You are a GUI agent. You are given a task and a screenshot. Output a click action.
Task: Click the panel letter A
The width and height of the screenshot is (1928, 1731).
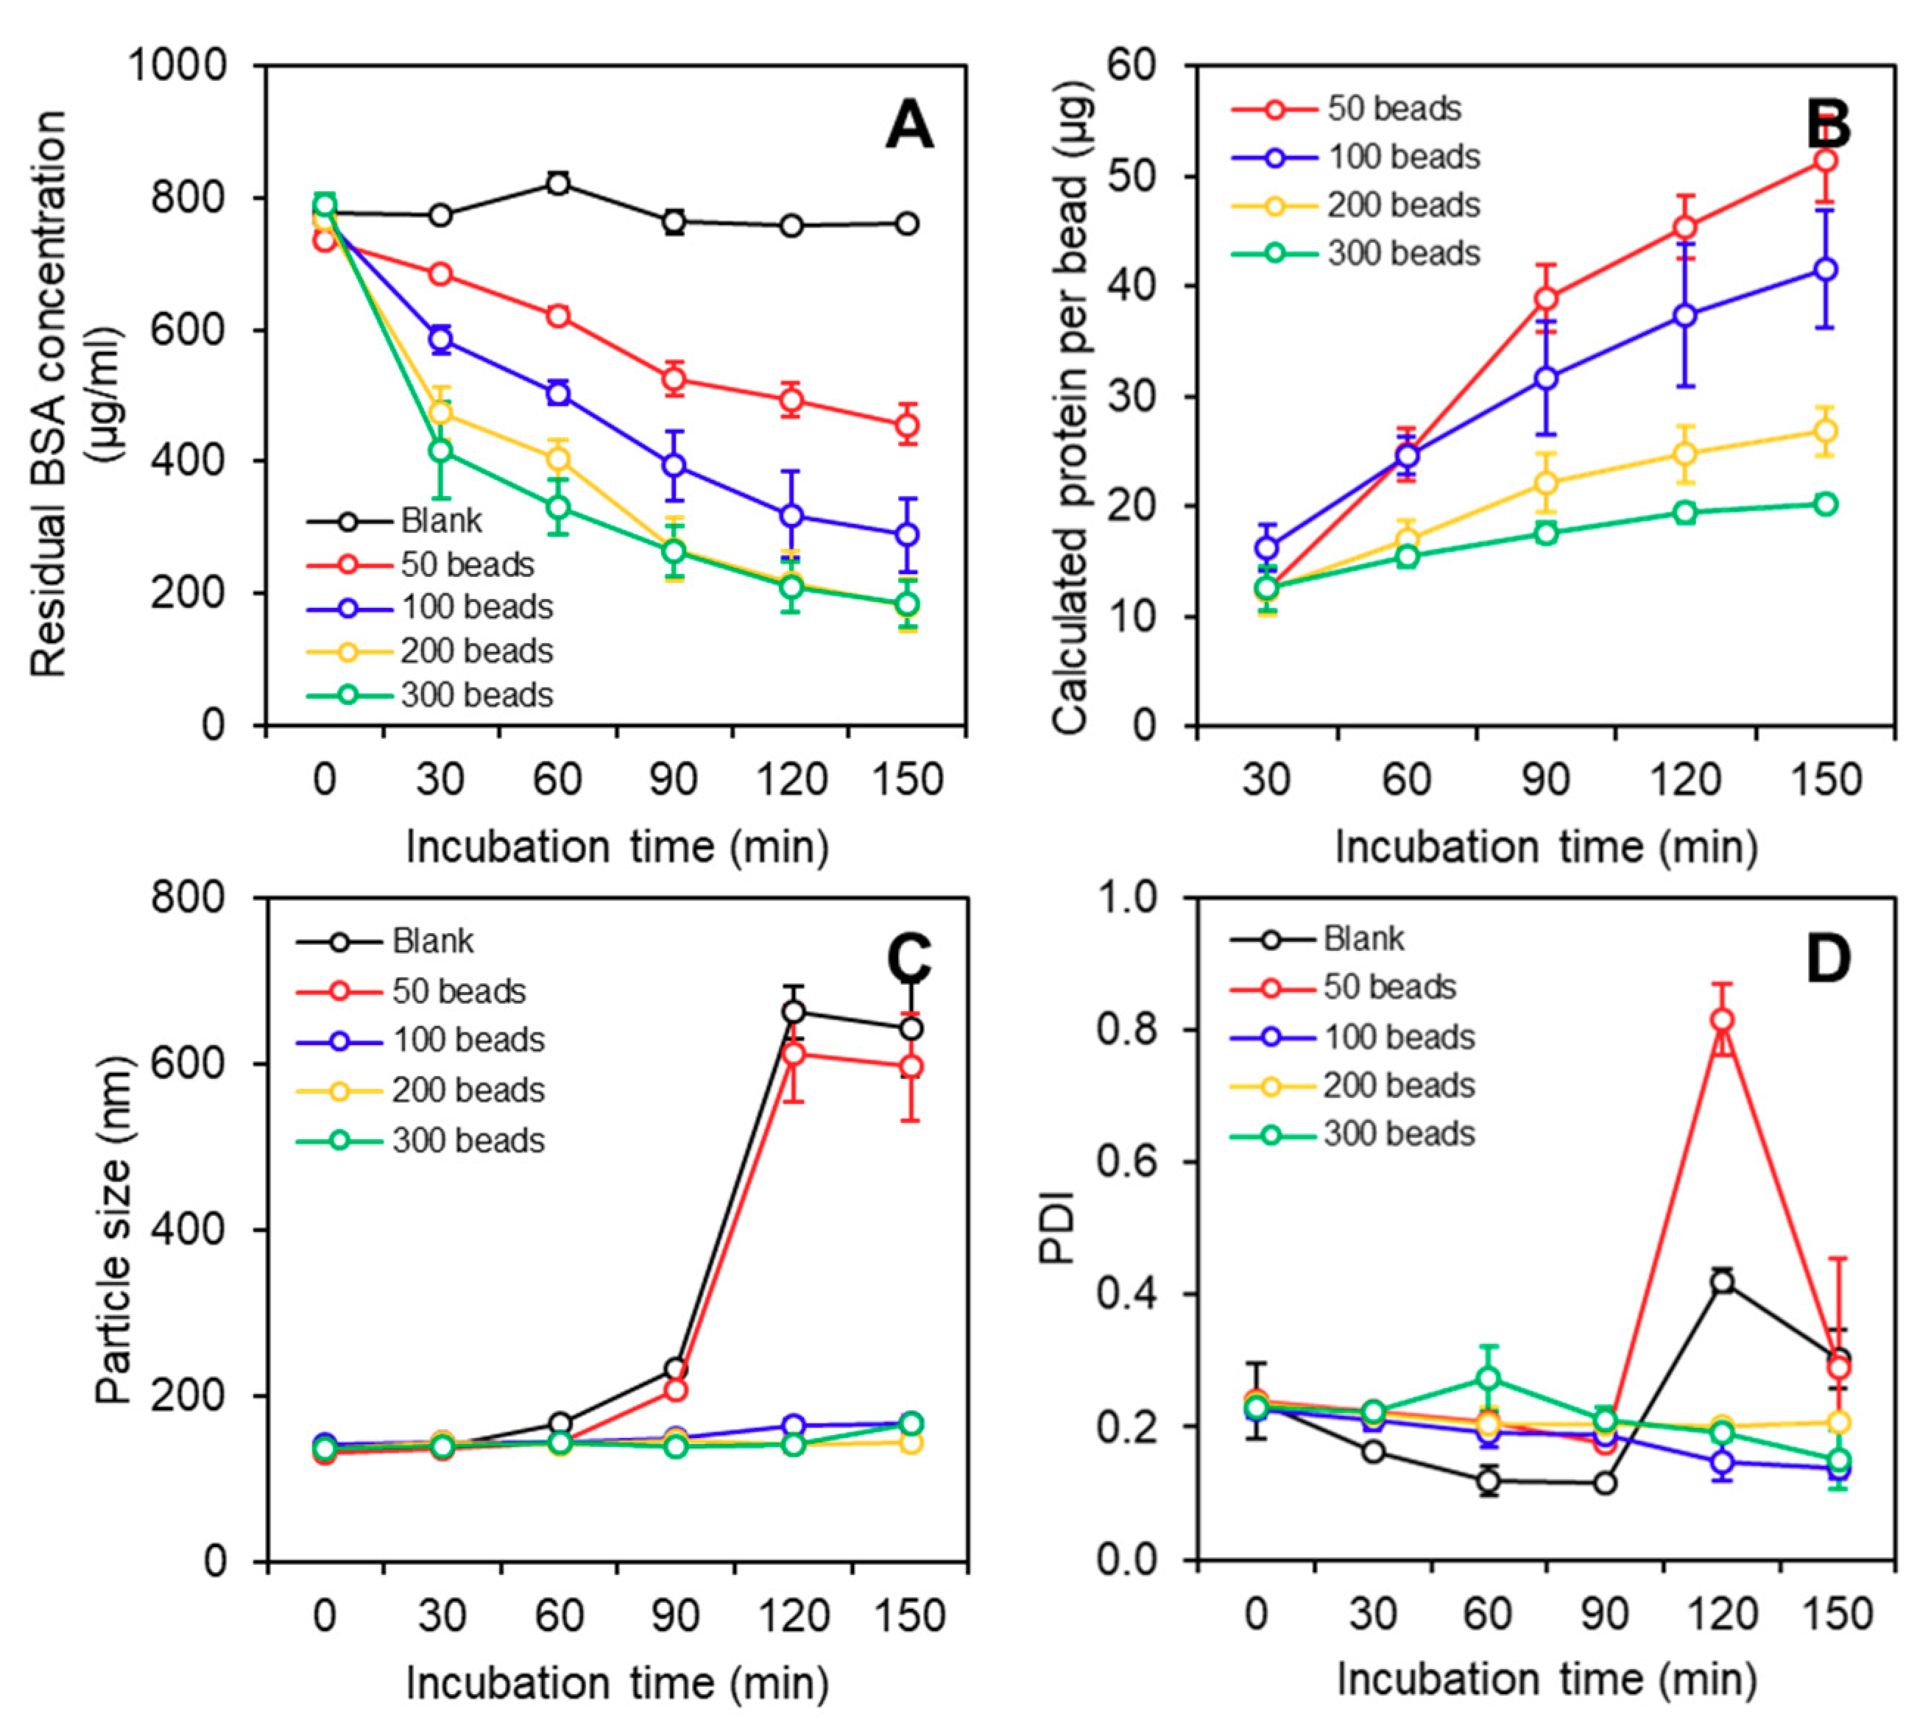(x=908, y=126)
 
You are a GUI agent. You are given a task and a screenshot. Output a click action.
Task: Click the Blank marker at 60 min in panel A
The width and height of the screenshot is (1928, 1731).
(x=558, y=183)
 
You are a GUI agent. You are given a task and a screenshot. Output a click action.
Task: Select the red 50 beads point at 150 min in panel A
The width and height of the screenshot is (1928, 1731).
(x=908, y=425)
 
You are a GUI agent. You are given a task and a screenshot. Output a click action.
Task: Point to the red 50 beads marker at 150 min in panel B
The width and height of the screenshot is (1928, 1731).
(x=1825, y=160)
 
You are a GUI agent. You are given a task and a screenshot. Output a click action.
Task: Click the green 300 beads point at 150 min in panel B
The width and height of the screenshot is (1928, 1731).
(x=1825, y=504)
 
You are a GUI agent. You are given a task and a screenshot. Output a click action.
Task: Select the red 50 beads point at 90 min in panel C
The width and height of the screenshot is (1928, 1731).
(x=675, y=1390)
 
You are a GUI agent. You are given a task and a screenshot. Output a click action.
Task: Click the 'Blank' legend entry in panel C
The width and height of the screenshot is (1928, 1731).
(x=433, y=941)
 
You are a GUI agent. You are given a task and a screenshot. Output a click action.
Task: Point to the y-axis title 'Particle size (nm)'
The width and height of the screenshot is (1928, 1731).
(x=114, y=1229)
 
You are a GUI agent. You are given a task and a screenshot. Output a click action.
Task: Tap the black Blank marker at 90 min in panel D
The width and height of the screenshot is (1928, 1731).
(x=1605, y=1483)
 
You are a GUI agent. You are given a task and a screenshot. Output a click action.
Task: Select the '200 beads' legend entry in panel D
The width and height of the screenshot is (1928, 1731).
(x=1398, y=1086)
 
